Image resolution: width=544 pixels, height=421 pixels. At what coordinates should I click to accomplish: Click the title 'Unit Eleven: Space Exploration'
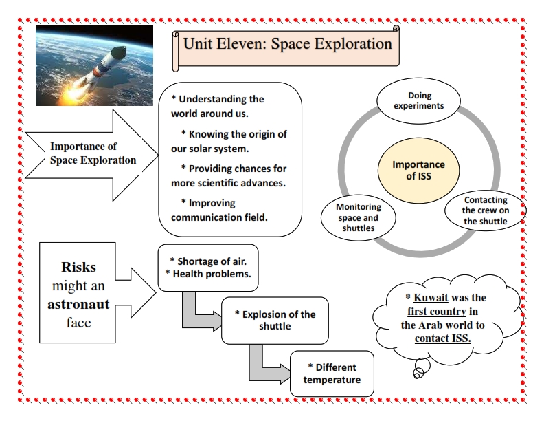tap(287, 45)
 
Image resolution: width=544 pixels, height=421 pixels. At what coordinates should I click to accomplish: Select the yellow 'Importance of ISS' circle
tap(418, 170)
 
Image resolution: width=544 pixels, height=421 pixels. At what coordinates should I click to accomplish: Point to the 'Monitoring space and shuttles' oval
tap(359, 217)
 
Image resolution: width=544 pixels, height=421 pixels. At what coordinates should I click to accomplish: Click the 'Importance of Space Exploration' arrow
tap(93, 153)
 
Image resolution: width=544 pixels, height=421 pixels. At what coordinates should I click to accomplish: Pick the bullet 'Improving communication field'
tap(219, 210)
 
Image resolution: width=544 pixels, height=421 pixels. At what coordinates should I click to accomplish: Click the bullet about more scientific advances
tap(229, 175)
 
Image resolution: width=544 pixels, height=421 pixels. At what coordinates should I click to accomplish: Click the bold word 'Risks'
tap(78, 267)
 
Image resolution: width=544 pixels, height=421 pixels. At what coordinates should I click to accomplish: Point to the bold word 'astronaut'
tap(78, 303)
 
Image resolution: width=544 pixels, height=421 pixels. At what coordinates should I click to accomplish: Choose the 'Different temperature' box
tap(333, 374)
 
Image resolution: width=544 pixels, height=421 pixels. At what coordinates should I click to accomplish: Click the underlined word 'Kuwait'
tap(431, 298)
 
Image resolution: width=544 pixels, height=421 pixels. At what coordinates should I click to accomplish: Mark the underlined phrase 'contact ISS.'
tap(442, 338)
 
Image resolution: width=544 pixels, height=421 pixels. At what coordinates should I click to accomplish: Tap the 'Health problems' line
tap(208, 273)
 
